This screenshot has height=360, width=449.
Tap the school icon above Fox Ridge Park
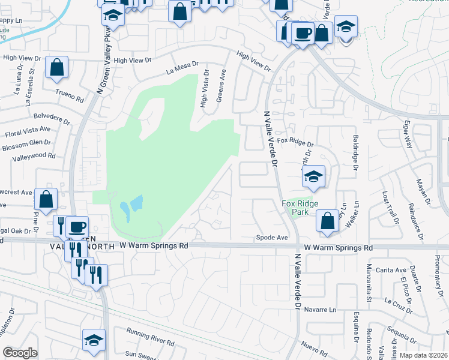point(313,176)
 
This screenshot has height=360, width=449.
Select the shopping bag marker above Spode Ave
point(327,220)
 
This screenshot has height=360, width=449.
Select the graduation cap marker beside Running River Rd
point(94,340)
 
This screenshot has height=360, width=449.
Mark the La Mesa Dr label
point(182,71)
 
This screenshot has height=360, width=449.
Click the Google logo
point(20,353)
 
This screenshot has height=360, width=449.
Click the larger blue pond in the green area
point(137,203)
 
